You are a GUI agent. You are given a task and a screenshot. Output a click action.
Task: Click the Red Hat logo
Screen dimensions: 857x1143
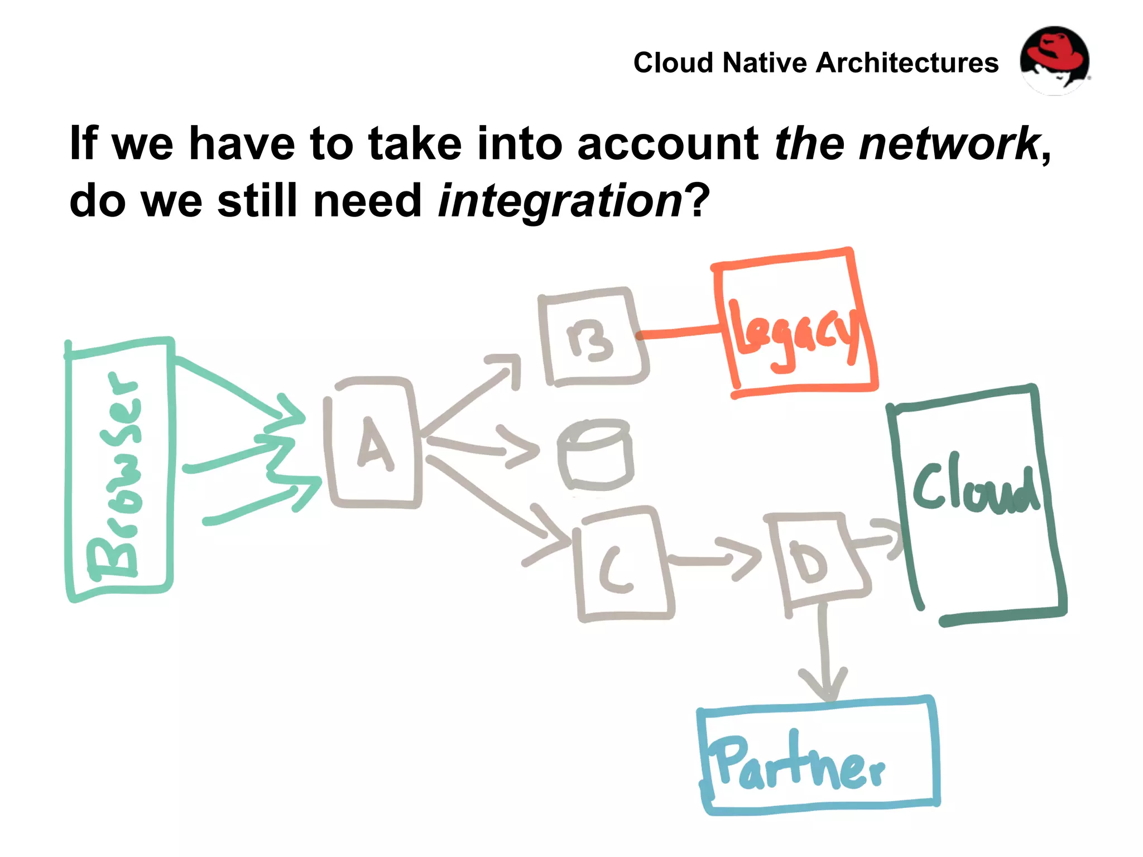tap(1054, 61)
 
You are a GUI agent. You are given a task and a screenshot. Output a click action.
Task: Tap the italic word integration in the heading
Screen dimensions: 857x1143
tap(560, 201)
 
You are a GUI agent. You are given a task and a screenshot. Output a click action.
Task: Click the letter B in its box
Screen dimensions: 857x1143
tap(590, 340)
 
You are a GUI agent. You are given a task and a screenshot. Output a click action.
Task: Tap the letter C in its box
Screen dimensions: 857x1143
tap(617, 569)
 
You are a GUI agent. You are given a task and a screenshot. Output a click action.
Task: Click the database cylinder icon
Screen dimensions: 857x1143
tap(595, 455)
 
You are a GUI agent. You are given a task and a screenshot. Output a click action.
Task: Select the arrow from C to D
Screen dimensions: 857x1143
tap(714, 558)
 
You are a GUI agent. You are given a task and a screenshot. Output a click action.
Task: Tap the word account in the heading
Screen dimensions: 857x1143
tap(667, 143)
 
